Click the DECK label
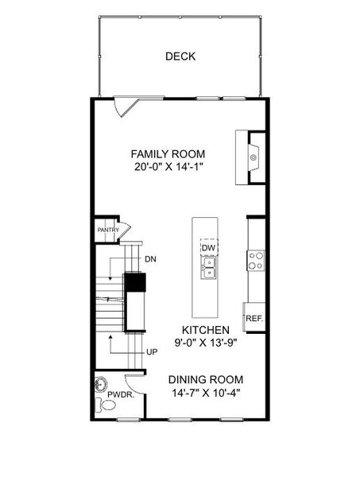pyautogui.click(x=180, y=56)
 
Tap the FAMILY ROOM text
pyautogui.click(x=168, y=153)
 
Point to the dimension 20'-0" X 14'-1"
pyautogui.click(x=168, y=167)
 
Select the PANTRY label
pyautogui.click(x=108, y=231)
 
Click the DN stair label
pyautogui.click(x=151, y=259)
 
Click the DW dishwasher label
pyautogui.click(x=208, y=249)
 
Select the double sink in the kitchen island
pyautogui.click(x=208, y=273)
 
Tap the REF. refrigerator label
pyautogui.click(x=254, y=318)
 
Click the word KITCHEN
pyautogui.click(x=205, y=330)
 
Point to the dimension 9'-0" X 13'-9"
pyautogui.click(x=205, y=343)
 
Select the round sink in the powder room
pyautogui.click(x=99, y=382)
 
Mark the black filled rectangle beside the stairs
pyautogui.click(x=135, y=283)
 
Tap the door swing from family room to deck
pyautogui.click(x=124, y=107)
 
